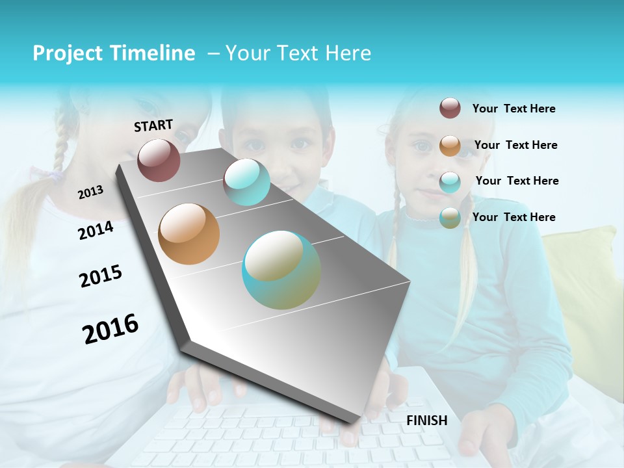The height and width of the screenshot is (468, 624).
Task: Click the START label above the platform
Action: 153,125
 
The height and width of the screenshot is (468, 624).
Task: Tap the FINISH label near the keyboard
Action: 427,421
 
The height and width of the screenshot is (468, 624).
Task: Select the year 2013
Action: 90,192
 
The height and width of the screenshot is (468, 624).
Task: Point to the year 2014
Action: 96,230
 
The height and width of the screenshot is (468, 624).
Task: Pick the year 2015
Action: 101,276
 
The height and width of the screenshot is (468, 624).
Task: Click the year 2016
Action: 110,329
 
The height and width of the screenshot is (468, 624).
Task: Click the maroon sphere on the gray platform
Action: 159,160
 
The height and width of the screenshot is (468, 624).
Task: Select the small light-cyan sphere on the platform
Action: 246,182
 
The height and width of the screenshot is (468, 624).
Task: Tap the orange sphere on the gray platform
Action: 189,234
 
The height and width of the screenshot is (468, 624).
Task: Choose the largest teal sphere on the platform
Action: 281,270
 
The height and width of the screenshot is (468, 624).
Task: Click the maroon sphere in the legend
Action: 450,109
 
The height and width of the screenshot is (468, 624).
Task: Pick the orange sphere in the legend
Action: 450,145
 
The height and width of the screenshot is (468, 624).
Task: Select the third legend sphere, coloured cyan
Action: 450,181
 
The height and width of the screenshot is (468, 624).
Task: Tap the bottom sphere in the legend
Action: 450,218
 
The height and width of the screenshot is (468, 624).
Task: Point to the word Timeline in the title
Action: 153,53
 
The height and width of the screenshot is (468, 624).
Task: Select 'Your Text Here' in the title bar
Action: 298,53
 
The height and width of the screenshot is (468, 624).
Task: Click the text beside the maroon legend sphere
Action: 513,109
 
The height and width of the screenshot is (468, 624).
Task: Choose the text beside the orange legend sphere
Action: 515,145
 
